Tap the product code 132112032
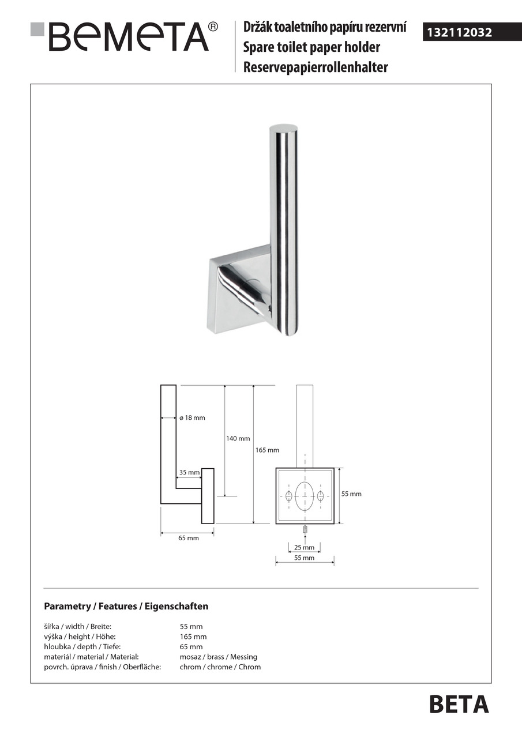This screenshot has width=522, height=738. point(459,33)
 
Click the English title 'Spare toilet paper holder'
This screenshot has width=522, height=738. point(311,47)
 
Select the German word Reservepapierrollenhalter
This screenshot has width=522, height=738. point(316,67)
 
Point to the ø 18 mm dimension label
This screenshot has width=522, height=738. point(192,417)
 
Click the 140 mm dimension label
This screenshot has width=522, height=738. point(238,439)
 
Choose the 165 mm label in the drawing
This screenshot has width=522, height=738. point(267,450)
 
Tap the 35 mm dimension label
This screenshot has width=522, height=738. point(189,472)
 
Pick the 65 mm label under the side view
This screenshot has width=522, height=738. point(188,538)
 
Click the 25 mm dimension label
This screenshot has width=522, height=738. point(304,547)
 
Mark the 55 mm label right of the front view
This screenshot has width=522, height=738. point(351,494)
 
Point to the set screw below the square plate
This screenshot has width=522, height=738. point(305,529)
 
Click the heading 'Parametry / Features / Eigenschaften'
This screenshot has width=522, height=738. point(126,607)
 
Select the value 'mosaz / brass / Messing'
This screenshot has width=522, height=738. point(219,657)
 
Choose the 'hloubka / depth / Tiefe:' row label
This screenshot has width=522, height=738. point(82,647)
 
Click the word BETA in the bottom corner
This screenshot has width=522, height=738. point(459,705)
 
